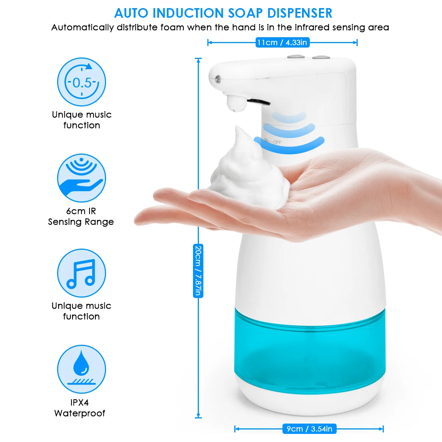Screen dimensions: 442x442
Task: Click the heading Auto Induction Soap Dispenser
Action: coord(223,13)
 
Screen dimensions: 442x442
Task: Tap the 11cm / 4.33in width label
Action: coord(282,43)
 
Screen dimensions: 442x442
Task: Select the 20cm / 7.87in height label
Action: coord(198,271)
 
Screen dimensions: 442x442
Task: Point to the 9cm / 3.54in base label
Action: coord(309,429)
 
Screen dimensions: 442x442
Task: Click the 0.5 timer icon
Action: coord(81,82)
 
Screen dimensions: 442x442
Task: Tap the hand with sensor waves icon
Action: coord(81,178)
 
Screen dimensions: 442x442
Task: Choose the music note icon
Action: coord(81,273)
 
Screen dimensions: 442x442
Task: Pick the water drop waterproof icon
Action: coord(81,369)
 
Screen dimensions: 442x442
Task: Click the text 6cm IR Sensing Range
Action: coord(81,217)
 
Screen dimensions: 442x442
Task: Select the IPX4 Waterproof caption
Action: coord(80,408)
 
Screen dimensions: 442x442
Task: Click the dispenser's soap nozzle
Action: coord(236,104)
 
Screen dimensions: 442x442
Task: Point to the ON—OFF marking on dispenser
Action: coord(273,142)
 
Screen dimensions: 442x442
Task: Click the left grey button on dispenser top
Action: coord(295,57)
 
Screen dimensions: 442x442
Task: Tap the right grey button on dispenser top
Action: coord(320,57)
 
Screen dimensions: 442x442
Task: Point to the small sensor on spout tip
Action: coord(217,78)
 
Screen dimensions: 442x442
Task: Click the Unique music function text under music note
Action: coord(81,311)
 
